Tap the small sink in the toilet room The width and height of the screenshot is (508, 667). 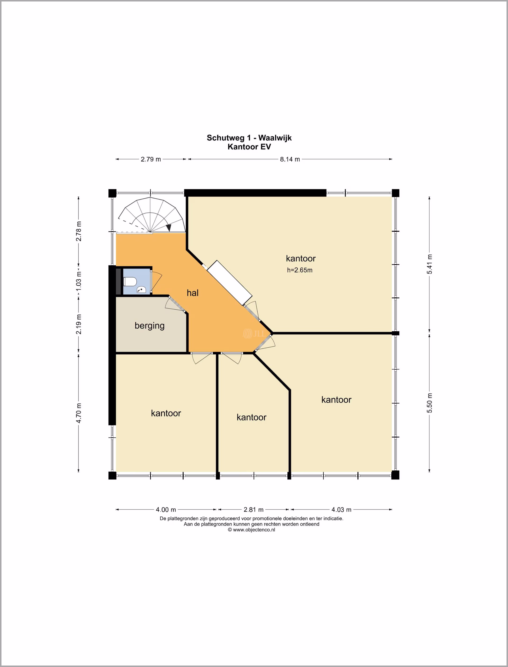(141, 290)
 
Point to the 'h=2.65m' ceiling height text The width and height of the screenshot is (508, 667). (300, 270)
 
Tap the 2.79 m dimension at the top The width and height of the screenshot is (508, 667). (151, 159)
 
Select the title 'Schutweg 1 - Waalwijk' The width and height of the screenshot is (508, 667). (249, 138)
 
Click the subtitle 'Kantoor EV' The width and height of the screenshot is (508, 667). (249, 147)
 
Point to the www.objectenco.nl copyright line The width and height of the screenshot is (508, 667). (252, 530)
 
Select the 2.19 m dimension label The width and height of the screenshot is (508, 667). (79, 324)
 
